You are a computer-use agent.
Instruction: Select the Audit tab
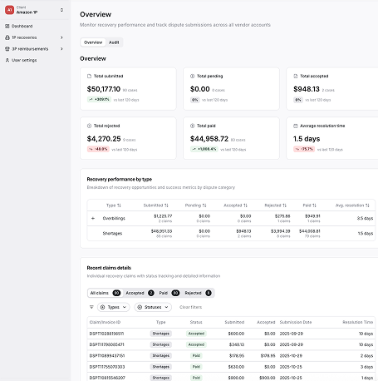pos(114,42)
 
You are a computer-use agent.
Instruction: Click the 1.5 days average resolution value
pos(307,139)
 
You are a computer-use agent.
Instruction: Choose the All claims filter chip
pos(100,293)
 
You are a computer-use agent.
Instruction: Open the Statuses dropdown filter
pos(155,307)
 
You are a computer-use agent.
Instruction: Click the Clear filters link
pos(191,307)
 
